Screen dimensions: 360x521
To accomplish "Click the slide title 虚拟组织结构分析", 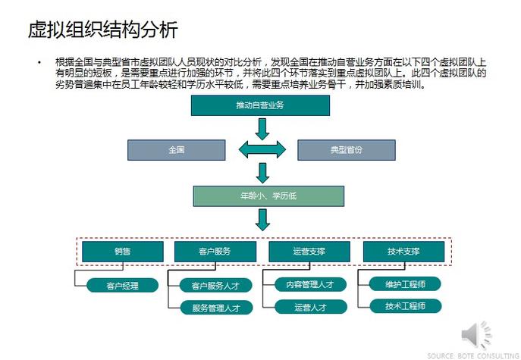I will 102,31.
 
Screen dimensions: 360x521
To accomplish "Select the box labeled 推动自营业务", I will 260,105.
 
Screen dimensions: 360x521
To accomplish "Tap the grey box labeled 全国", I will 176,150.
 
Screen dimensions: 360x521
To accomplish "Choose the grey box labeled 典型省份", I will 346,150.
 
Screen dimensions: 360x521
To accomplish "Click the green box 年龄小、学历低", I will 262,196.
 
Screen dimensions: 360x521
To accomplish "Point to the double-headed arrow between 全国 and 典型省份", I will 262,150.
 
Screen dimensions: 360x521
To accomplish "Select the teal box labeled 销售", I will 122,252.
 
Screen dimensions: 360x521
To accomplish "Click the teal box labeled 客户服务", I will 215,252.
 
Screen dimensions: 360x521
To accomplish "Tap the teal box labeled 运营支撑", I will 309,252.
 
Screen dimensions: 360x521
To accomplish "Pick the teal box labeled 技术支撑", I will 403,252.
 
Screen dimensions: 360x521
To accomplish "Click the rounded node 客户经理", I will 122,286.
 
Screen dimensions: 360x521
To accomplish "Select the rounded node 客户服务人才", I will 215,286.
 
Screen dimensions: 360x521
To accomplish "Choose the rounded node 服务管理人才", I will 215,308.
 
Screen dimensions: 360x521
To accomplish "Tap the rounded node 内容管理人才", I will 309,284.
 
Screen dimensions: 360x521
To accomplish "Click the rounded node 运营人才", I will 309,307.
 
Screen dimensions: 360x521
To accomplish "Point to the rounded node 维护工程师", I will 403,284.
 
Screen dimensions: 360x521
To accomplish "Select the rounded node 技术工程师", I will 403,306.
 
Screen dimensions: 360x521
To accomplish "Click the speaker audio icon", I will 477,334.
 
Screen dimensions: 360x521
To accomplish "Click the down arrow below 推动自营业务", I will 262,128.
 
